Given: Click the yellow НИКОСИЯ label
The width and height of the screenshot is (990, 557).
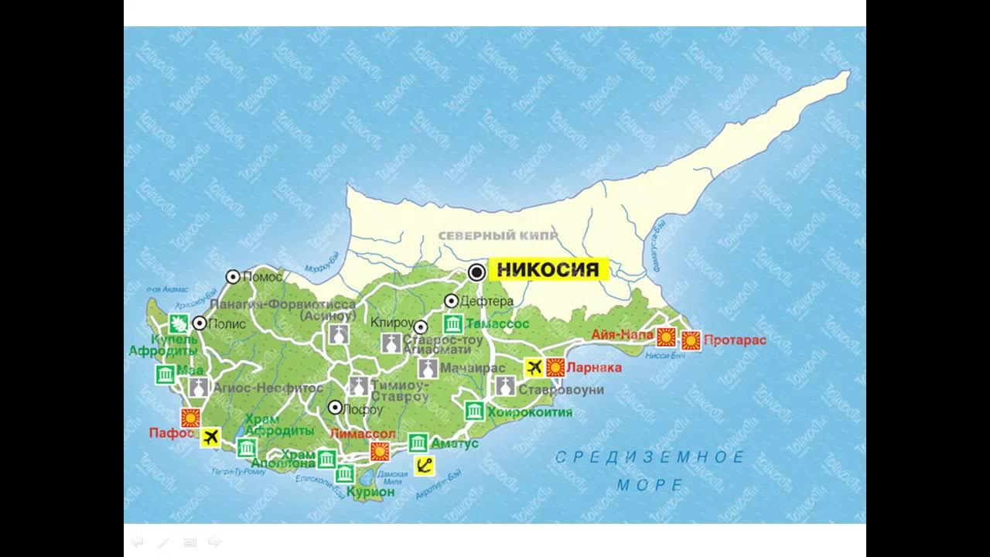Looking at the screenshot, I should pyautogui.click(x=548, y=270).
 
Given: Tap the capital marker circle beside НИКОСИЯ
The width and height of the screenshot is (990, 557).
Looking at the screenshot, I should pyautogui.click(x=477, y=272).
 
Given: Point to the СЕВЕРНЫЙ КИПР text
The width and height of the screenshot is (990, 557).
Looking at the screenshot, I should pyautogui.click(x=498, y=236).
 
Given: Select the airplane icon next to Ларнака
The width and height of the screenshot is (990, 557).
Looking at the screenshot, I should pyautogui.click(x=533, y=367).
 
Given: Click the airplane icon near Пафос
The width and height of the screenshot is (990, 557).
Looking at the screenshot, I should pyautogui.click(x=210, y=438).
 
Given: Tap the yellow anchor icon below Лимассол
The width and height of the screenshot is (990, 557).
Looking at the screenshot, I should pyautogui.click(x=424, y=466).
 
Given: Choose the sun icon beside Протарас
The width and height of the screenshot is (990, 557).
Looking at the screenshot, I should pyautogui.click(x=691, y=340).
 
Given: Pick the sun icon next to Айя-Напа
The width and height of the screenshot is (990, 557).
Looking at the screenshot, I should pyautogui.click(x=666, y=337).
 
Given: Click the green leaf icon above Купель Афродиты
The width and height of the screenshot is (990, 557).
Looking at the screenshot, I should pyautogui.click(x=179, y=323).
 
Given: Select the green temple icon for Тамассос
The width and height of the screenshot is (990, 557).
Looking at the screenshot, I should pyautogui.click(x=453, y=324).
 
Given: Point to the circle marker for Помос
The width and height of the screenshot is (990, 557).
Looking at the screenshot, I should pyautogui.click(x=233, y=277).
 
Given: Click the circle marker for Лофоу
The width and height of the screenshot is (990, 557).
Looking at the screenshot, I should pyautogui.click(x=335, y=408).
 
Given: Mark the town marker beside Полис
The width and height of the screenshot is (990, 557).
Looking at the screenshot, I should pyautogui.click(x=200, y=323).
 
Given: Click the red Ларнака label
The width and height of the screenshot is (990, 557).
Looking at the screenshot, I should pyautogui.click(x=594, y=367).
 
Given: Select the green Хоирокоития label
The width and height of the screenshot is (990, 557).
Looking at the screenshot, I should pyautogui.click(x=530, y=412).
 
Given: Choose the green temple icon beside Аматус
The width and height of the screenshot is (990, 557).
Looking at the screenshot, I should pyautogui.click(x=418, y=443).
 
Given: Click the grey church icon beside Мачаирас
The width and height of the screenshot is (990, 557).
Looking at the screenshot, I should pyautogui.click(x=428, y=367).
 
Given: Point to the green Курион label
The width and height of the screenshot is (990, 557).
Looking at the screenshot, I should pyautogui.click(x=370, y=491).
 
